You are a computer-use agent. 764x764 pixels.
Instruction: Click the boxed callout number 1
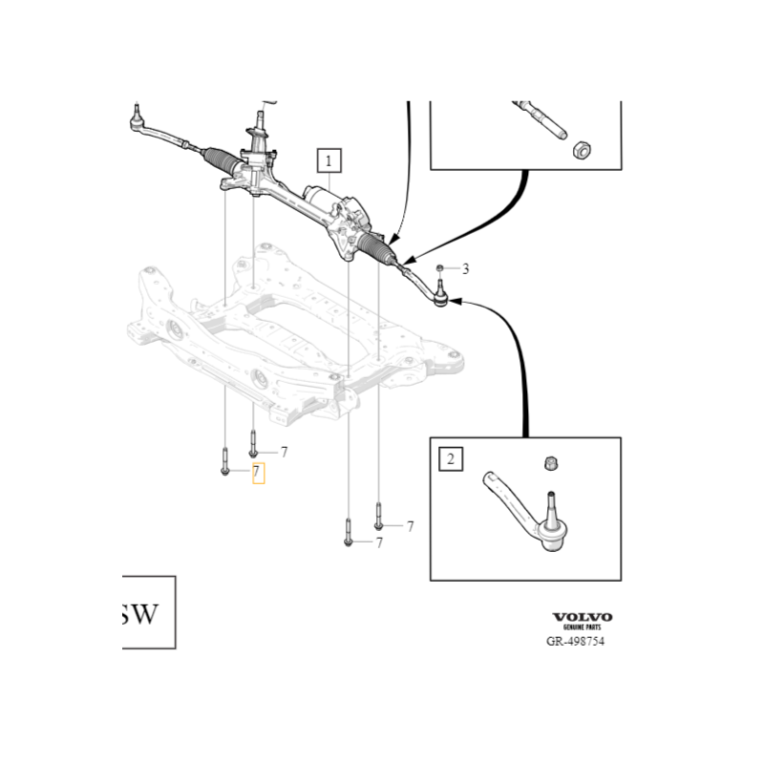tap(329, 160)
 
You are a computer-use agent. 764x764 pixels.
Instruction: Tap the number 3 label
tap(465, 269)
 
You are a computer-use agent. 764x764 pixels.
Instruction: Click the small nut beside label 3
tap(440, 268)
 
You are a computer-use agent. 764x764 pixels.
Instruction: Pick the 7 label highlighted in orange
tap(257, 473)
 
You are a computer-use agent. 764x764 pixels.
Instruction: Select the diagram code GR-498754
tap(575, 642)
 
